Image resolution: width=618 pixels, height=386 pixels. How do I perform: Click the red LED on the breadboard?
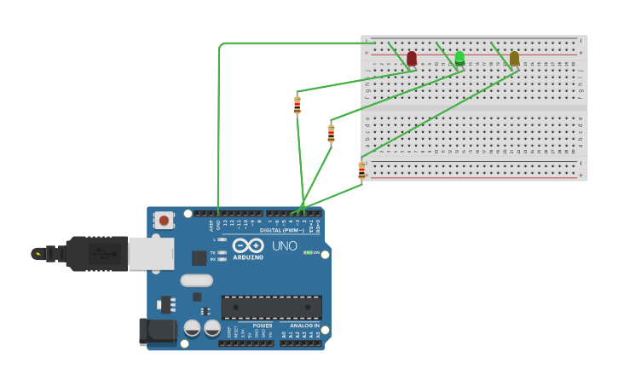coord(412,58)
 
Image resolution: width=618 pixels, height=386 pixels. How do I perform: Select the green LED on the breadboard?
coord(459,58)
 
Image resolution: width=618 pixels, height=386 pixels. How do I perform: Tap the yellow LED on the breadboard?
coord(514,58)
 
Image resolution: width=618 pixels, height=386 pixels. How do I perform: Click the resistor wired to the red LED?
coord(297,105)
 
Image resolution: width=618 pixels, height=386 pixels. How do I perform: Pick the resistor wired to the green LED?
coord(331,133)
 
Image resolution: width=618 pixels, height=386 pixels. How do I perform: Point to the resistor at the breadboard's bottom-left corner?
coord(361,170)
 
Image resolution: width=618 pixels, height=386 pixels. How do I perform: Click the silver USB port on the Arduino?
coord(151,254)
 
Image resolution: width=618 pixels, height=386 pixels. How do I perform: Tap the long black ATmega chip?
coord(272,307)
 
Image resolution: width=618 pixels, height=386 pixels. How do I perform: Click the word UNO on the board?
coord(285,246)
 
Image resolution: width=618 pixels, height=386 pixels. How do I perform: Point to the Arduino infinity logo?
coord(248,245)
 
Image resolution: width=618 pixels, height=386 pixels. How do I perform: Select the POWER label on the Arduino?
coord(263,326)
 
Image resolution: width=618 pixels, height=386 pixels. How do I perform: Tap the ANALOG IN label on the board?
coord(304,326)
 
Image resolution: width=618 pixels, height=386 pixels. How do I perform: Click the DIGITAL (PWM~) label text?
coord(281,230)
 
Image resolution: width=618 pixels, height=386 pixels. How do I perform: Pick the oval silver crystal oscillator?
coord(196,280)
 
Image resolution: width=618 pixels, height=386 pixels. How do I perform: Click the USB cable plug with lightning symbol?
coord(39,253)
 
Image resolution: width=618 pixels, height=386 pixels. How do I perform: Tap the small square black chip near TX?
coord(199,257)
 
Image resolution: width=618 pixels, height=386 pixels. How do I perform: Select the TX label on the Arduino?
coord(212,252)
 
